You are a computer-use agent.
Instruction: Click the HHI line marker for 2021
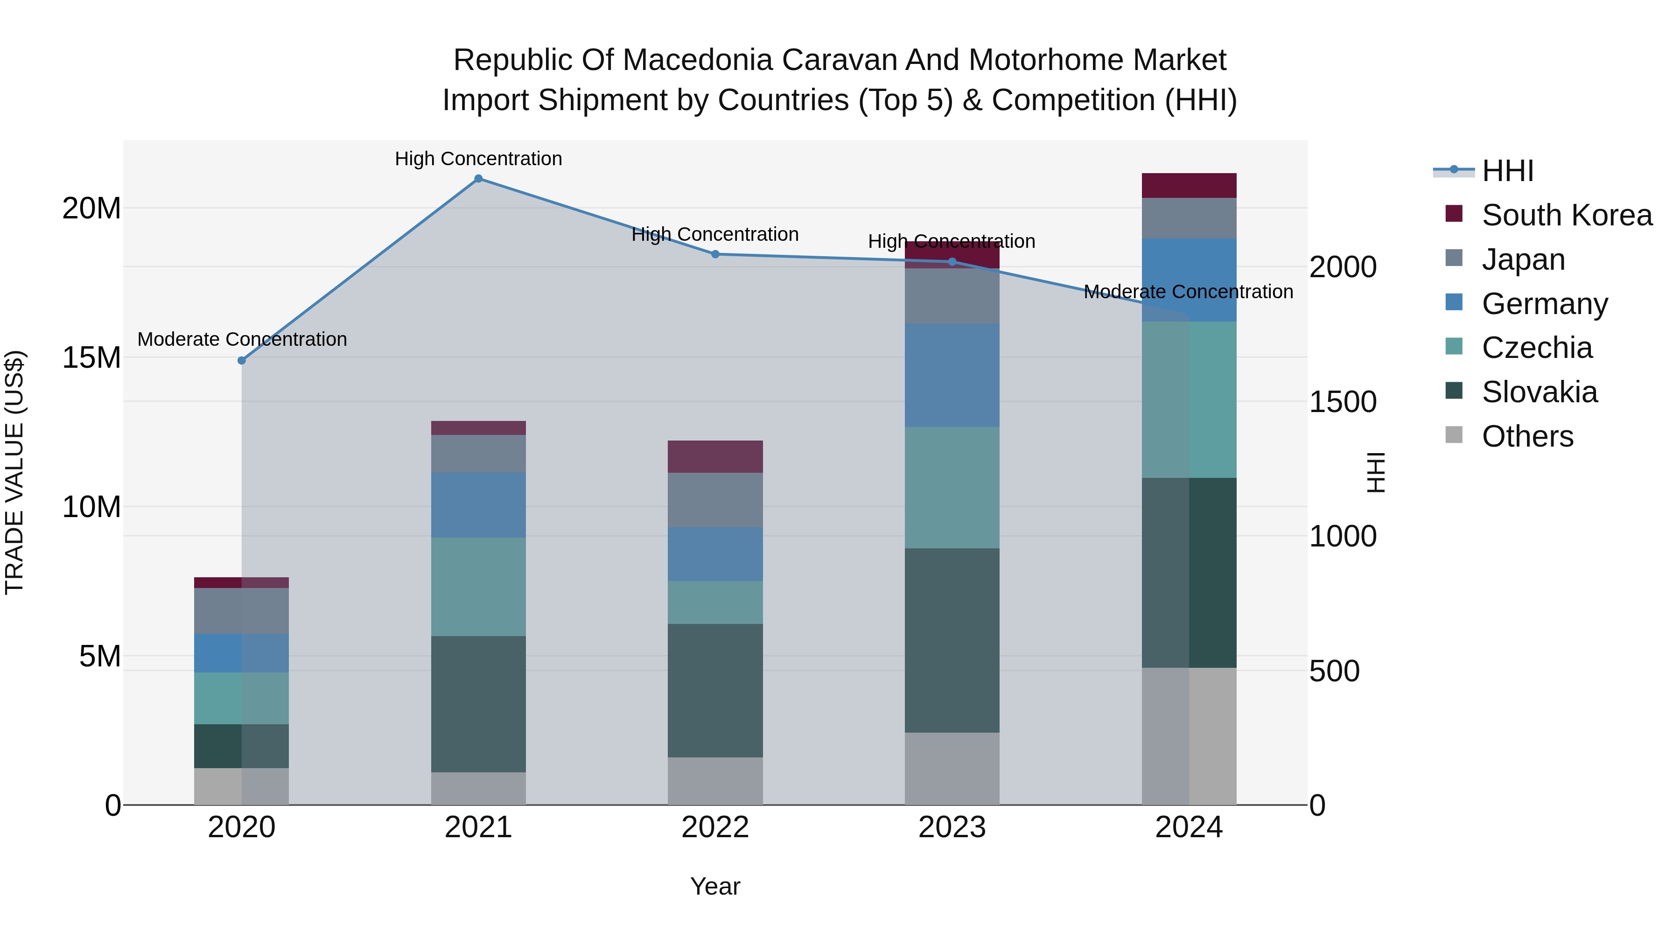pyautogui.click(x=478, y=179)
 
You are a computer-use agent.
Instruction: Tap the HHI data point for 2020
pyautogui.click(x=241, y=361)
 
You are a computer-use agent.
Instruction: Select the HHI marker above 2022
pyautogui.click(x=715, y=254)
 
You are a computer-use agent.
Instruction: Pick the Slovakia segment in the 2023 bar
pyautogui.click(x=952, y=640)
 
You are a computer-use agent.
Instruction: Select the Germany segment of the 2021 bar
pyautogui.click(x=478, y=505)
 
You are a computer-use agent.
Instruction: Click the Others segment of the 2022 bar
pyautogui.click(x=715, y=781)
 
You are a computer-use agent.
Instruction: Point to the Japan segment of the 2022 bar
pyautogui.click(x=715, y=499)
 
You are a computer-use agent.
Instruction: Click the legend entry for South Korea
pyautogui.click(x=1566, y=215)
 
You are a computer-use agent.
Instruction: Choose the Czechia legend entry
pyautogui.click(x=1537, y=348)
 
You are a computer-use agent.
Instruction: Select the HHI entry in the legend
pyautogui.click(x=1507, y=171)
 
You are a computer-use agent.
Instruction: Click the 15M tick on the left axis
pyautogui.click(x=91, y=357)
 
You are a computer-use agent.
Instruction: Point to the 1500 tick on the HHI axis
pyautogui.click(x=1343, y=402)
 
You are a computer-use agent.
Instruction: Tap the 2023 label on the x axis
pyautogui.click(x=952, y=827)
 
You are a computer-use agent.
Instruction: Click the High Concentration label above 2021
pyautogui.click(x=478, y=159)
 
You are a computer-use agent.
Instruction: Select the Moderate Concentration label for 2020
pyautogui.click(x=241, y=339)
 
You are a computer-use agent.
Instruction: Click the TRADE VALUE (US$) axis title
pyautogui.click(x=14, y=472)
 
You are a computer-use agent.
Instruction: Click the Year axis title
pyautogui.click(x=715, y=886)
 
